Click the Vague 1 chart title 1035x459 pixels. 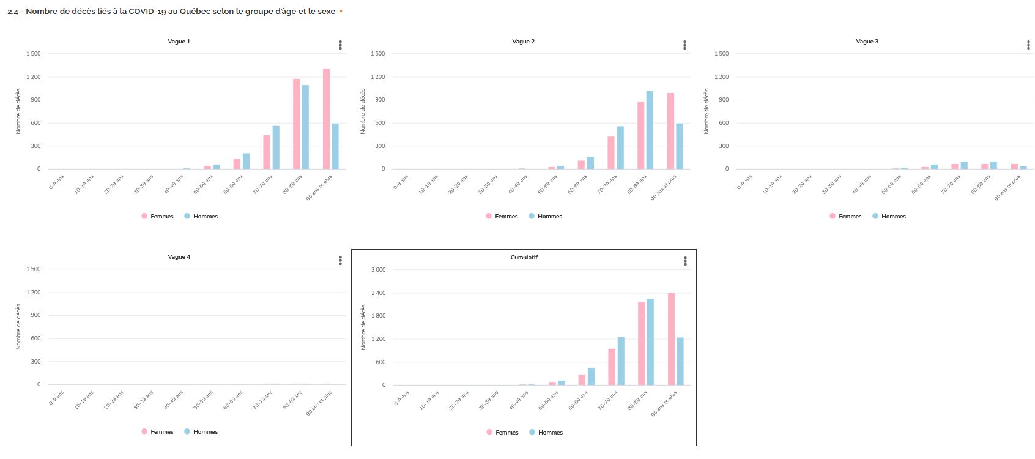[179, 42]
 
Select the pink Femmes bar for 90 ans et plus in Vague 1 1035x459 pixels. [327, 119]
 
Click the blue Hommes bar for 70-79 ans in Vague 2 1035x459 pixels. [620, 147]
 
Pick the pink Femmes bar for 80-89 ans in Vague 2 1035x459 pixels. [641, 135]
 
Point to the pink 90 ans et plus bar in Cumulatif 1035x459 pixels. [671, 339]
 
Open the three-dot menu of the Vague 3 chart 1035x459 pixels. [1028, 45]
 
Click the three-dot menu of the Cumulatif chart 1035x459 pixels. [685, 261]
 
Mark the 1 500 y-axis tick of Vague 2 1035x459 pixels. [377, 54]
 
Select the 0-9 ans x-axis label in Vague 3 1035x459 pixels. [743, 182]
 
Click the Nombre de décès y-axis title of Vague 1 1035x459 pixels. [18, 111]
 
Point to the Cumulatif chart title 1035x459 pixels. [524, 258]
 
